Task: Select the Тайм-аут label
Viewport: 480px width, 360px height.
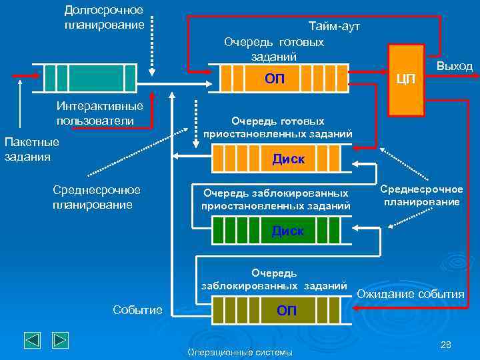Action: pos(334,27)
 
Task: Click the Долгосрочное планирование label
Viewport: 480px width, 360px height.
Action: pos(104,17)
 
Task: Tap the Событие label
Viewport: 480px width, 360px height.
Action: pos(138,310)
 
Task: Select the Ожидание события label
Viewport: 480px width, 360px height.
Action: pos(411,294)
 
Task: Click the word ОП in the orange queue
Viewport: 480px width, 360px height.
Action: pos(274,79)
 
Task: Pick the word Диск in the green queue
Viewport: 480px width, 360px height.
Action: pos(287,231)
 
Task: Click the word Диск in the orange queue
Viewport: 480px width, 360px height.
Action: pos(289,159)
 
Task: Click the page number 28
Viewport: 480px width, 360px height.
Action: pos(446,344)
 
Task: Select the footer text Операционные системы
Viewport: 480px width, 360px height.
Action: pos(240,351)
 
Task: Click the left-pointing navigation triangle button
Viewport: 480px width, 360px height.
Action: pos(33,340)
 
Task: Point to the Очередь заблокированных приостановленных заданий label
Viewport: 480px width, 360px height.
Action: pos(275,199)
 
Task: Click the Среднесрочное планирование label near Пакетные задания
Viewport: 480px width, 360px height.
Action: pos(97,197)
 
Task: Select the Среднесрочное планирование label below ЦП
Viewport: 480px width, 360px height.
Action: pos(421,195)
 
